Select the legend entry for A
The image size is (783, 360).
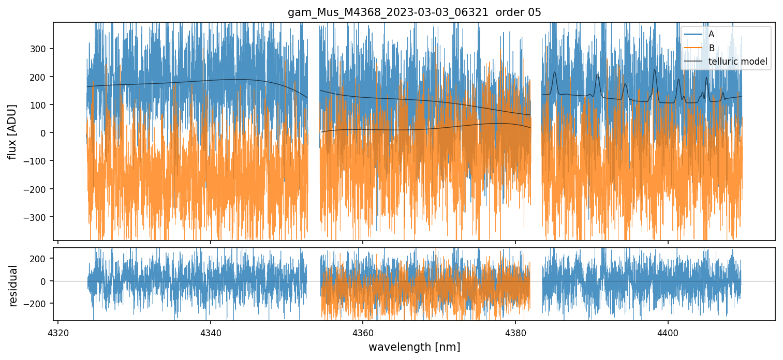tap(711, 34)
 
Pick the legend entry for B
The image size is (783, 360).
tap(711, 48)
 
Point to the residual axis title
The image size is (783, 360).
tap(13, 286)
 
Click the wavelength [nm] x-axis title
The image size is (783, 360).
tap(414, 347)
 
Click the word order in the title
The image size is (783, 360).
tap(507, 12)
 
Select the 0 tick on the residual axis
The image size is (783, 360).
tap(45, 281)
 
